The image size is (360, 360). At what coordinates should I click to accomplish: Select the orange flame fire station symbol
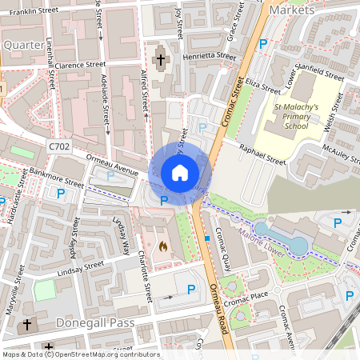pos(164,247)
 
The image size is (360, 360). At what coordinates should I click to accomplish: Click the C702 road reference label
pos(59,147)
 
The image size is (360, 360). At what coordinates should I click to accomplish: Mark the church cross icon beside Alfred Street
pos(160,60)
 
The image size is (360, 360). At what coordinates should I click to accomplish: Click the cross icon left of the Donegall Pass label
pos(27,325)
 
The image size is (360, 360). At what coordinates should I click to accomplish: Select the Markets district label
pos(292,10)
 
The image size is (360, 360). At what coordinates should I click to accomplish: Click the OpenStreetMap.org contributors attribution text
pos(107,354)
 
